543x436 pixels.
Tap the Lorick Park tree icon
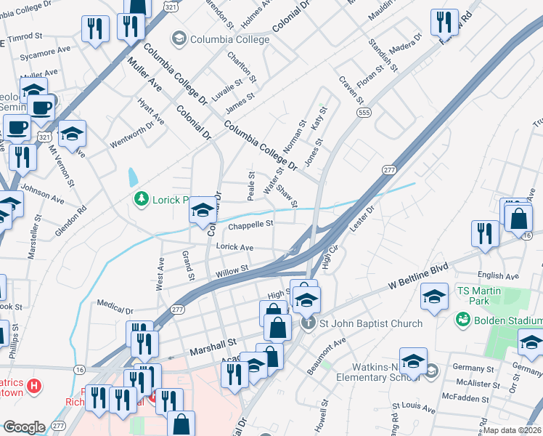tap(142, 198)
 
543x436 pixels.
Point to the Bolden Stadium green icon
tap(462, 319)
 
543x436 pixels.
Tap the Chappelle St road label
tap(250, 225)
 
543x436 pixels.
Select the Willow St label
tap(232, 270)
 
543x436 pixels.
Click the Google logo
tap(24, 427)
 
